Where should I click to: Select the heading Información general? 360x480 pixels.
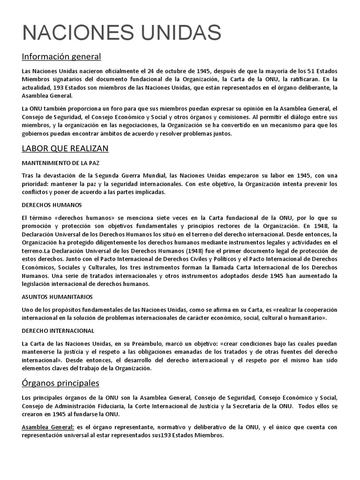pos(61,57)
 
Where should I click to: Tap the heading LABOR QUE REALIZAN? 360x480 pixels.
pos(65,149)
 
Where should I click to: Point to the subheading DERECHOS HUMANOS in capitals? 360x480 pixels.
pos(52,205)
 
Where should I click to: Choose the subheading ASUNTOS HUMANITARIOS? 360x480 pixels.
pos(57,297)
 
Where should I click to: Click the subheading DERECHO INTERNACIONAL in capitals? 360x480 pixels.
pos(58,330)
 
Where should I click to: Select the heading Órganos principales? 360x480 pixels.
pos(60,383)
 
